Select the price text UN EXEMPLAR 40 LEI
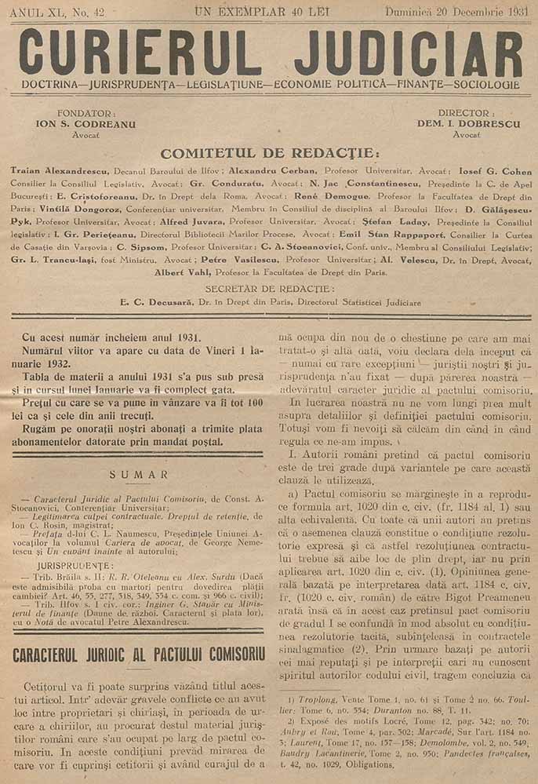[x=269, y=11]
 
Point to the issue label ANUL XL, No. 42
[x=58, y=11]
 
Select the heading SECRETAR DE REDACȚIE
[x=269, y=289]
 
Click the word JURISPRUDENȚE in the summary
[x=75, y=564]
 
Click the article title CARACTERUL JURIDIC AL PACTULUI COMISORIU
[x=139, y=653]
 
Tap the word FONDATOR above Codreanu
[x=75, y=113]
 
